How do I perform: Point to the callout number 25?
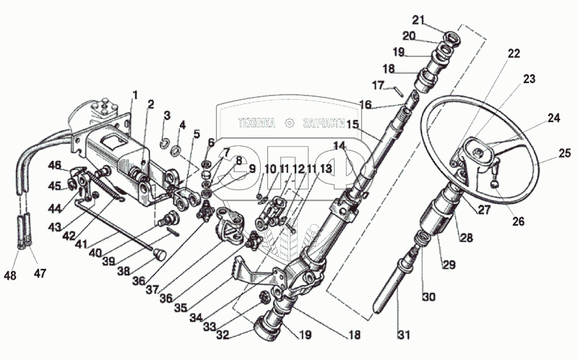point(566,153)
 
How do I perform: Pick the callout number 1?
point(134,94)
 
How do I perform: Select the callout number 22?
point(513,54)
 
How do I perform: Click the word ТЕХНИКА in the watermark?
point(256,123)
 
